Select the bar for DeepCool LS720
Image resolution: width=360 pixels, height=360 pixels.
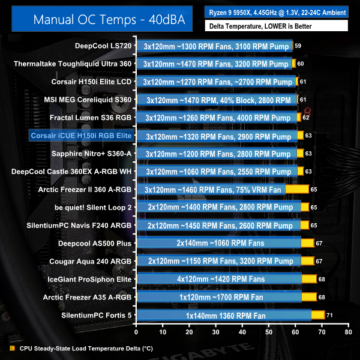pyautogui.click(x=215, y=46)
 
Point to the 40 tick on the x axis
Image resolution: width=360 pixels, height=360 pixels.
pyautogui.click(x=242, y=331)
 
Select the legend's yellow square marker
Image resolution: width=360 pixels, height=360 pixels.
pyautogui.click(x=13, y=347)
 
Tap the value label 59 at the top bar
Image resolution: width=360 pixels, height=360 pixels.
pyautogui.click(x=298, y=46)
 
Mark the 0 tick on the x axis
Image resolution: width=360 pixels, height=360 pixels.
pyautogui.click(x=136, y=331)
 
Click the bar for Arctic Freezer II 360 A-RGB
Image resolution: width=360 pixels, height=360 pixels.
pyautogui.click(x=223, y=190)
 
